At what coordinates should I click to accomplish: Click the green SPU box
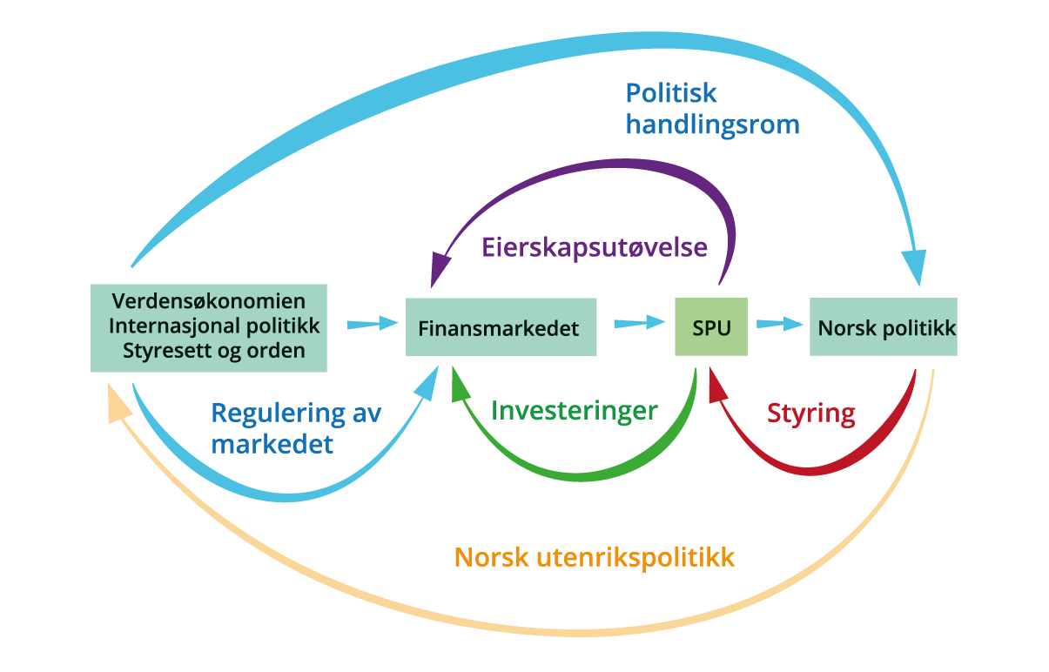click(711, 326)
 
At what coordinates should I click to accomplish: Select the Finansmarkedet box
click(501, 327)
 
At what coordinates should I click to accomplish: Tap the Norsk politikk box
click(883, 327)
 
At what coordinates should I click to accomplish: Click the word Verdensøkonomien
click(209, 302)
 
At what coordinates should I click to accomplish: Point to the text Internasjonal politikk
click(214, 326)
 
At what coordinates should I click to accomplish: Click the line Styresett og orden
click(214, 351)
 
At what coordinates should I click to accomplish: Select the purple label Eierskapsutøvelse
click(595, 247)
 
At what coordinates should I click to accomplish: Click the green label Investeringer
click(575, 410)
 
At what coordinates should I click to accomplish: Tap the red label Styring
click(810, 413)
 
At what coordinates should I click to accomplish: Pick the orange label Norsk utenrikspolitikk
click(595, 557)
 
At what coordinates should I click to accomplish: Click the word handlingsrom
click(713, 124)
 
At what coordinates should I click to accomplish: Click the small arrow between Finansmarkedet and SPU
click(635, 324)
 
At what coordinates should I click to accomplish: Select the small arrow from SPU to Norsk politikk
click(779, 324)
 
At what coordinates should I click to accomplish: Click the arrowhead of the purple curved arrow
click(440, 266)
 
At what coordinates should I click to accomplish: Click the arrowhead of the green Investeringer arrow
click(461, 384)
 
